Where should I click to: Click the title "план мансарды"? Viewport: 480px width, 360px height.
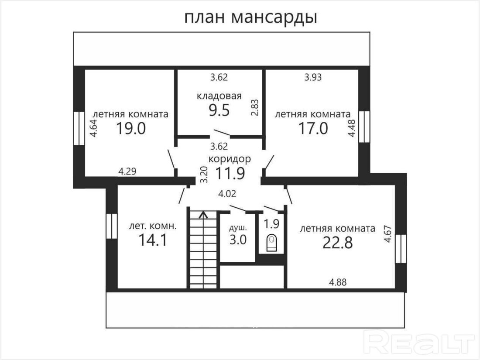click(250, 17)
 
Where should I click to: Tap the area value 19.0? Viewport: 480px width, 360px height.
click(130, 129)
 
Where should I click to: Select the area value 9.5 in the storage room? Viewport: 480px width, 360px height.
click(219, 110)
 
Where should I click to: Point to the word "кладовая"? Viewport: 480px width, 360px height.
click(219, 96)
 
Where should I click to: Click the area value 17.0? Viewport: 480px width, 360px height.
click(313, 129)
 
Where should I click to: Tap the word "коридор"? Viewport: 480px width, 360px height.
click(230, 159)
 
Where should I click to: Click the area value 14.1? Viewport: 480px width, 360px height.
click(153, 240)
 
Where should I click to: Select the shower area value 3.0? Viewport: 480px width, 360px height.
click(238, 240)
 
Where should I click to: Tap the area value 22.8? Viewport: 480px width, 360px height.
click(337, 243)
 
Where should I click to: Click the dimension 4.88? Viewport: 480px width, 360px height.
click(340, 281)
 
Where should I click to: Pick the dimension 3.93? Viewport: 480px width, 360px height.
click(313, 78)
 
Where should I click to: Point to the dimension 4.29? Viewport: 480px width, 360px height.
click(127, 171)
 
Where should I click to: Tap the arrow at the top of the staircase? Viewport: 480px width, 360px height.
click(203, 214)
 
